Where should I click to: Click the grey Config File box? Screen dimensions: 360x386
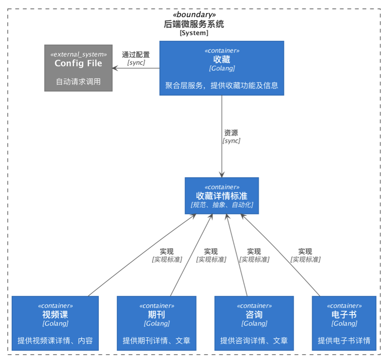pos(78,68)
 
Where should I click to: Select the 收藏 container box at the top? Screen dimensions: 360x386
pos(221,68)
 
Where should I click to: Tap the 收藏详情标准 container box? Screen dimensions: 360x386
pos(221,195)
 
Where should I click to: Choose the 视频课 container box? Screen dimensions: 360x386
pos(55,323)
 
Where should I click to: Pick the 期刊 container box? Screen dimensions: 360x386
pos(156,323)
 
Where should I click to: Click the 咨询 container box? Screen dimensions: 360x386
pos(254,323)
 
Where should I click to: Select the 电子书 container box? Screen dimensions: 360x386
pos(344,323)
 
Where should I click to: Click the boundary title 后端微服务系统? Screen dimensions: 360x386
pos(194,24)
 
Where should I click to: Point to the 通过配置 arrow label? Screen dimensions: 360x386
pos(136,55)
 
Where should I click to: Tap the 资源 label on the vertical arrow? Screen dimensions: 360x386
pos(231,133)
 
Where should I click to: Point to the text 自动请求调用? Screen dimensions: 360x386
pos(78,81)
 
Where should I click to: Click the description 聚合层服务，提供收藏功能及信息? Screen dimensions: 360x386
pos(221,85)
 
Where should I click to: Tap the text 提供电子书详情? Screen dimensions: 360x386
pos(344,340)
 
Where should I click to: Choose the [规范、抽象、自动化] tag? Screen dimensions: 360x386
pos(221,205)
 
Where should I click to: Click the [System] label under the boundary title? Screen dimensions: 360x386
pos(194,33)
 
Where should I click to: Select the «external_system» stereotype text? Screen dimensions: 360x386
pos(78,54)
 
